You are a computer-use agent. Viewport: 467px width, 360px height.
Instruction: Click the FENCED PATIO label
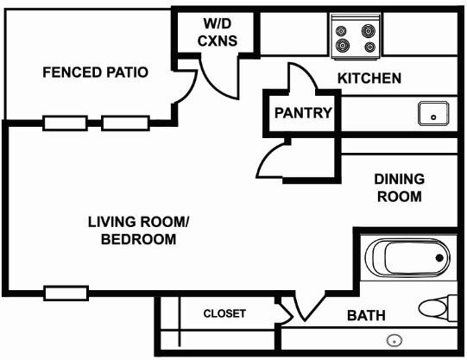point(95,73)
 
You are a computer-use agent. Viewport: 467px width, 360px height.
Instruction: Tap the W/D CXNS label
point(218,32)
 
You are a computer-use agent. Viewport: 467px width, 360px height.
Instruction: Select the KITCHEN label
point(369,78)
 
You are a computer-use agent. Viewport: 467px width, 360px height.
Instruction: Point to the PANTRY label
point(303,113)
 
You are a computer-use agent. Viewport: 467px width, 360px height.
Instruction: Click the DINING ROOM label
point(400,187)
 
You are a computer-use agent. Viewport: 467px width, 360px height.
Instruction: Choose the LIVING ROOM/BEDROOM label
point(139,231)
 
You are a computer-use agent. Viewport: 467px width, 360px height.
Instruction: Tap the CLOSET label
point(224,313)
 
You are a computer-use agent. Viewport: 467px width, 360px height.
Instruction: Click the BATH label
point(366,315)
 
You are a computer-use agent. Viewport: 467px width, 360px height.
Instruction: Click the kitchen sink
point(433,113)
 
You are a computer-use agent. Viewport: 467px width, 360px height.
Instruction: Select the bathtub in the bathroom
point(407,258)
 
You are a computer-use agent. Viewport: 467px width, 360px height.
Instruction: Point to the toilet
point(438,308)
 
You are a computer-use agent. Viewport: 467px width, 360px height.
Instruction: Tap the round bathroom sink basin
point(394,340)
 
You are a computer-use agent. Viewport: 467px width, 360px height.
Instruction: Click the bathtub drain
point(439,258)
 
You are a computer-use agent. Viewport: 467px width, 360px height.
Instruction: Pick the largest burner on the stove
point(343,45)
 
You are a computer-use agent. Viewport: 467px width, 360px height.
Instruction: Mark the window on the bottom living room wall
point(66,294)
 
